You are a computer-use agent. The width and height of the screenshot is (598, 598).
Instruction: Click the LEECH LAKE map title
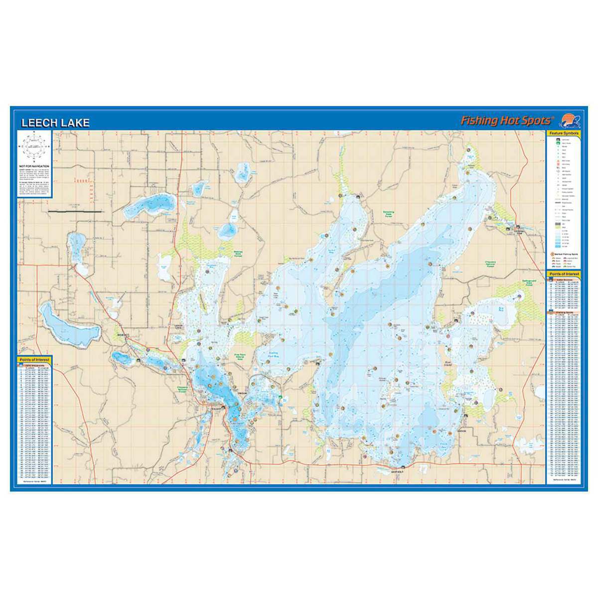55,123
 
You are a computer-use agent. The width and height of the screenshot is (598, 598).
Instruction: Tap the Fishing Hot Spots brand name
506,121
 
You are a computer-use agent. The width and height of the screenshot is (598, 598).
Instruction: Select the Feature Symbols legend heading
564,134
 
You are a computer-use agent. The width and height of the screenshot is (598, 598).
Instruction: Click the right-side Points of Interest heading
564,274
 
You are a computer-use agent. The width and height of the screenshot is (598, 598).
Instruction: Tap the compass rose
35,145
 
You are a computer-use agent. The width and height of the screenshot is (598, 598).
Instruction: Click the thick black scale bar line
75,212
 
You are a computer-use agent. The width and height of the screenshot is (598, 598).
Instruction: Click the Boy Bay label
502,309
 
